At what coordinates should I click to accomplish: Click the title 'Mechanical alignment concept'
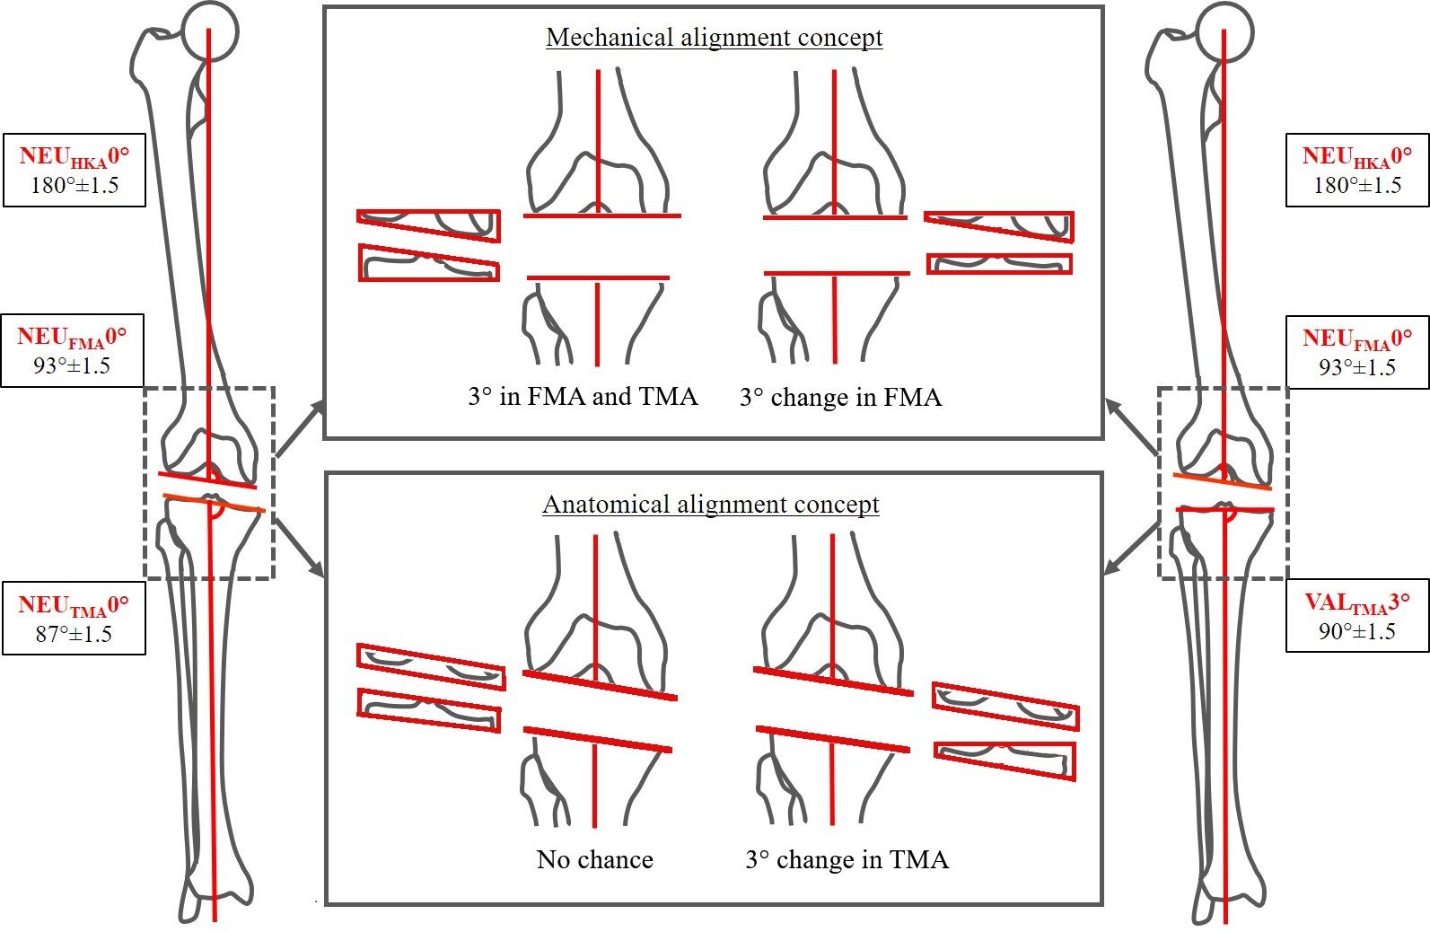(714, 38)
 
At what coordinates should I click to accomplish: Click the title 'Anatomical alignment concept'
(710, 505)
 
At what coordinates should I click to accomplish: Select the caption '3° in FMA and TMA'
(582, 396)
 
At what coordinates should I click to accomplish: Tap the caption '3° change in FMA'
(840, 397)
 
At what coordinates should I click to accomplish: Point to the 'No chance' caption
(594, 859)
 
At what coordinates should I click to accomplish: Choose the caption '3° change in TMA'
(847, 859)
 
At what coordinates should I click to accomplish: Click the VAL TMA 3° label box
(1356, 615)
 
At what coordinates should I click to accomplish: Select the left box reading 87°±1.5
(74, 618)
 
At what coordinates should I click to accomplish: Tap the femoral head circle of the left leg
(210, 31)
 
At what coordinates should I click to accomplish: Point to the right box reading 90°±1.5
(1356, 630)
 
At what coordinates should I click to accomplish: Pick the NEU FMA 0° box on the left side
(72, 350)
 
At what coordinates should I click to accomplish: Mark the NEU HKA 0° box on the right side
(1356, 170)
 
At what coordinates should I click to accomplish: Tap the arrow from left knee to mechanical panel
(299, 429)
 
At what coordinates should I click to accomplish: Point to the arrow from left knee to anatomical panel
(299, 547)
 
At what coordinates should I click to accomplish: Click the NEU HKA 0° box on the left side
(74, 170)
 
